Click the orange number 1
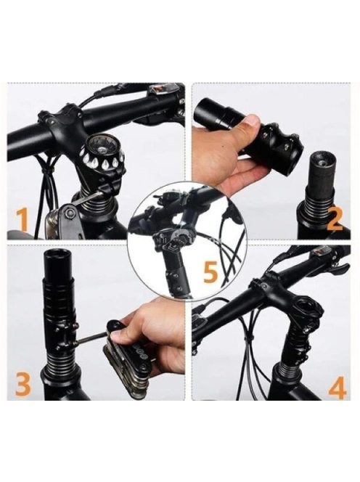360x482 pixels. click(22, 219)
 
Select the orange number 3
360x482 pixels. click(23, 383)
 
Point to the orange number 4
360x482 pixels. click(337, 387)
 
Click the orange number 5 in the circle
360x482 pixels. click(210, 271)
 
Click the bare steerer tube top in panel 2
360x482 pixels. click(322, 168)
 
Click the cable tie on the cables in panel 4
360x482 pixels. click(250, 338)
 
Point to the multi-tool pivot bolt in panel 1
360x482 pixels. click(71, 213)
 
